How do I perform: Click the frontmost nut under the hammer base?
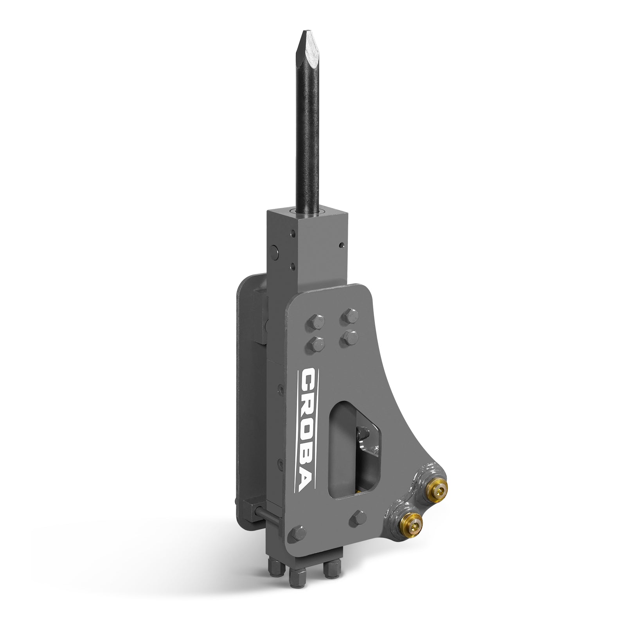click(294, 587)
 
